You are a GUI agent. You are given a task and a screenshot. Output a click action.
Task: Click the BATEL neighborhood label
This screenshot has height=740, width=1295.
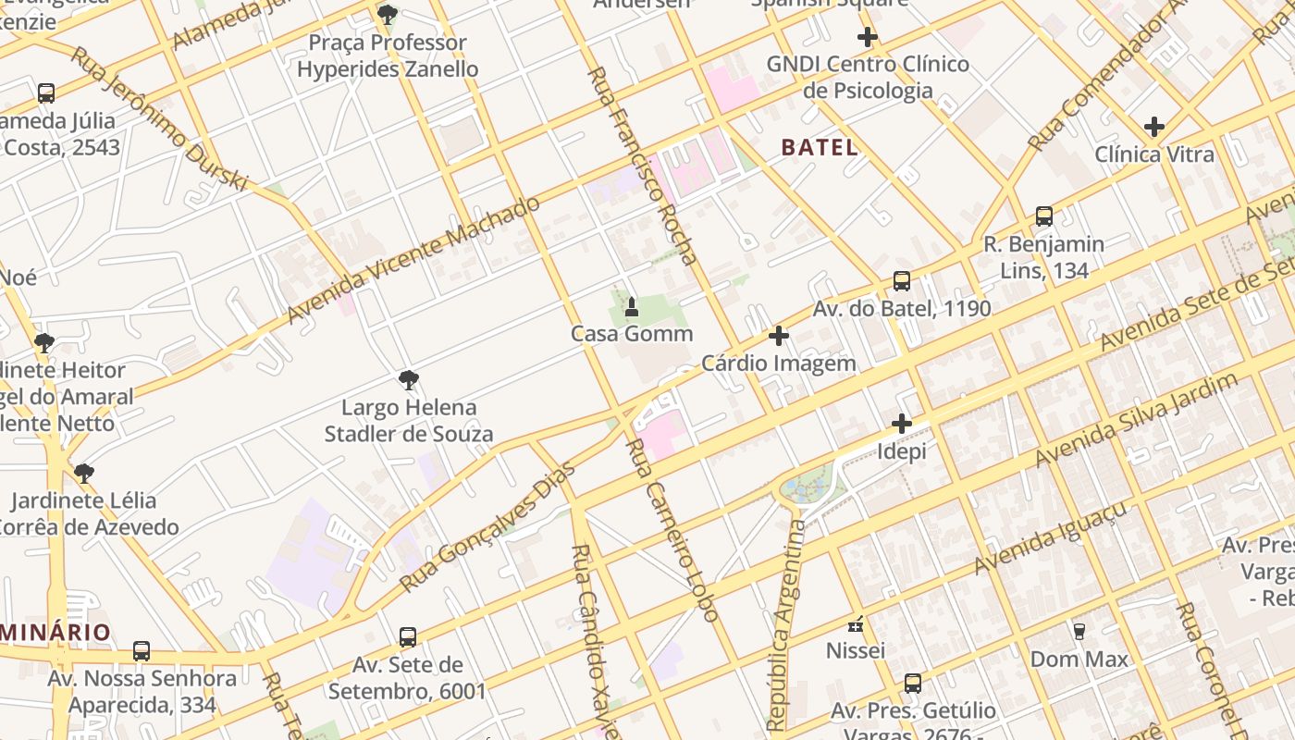click(819, 147)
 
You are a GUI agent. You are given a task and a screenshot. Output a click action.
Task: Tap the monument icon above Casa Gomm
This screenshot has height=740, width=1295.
click(632, 306)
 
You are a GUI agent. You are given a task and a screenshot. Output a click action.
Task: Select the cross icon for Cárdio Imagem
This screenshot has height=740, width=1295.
click(779, 336)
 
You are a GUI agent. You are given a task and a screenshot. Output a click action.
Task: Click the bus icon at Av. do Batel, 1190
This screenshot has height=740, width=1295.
click(901, 281)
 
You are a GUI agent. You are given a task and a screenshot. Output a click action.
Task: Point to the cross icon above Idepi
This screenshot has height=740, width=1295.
click(901, 425)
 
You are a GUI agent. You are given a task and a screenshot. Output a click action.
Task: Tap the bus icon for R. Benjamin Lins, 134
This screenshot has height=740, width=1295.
click(1043, 216)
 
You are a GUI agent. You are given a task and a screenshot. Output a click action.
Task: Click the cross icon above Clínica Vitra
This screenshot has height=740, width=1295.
click(1153, 127)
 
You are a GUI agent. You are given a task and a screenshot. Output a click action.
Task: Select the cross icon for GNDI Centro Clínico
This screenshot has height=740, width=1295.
click(867, 37)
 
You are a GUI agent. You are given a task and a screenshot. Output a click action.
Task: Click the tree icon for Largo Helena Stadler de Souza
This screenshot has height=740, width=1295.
click(408, 380)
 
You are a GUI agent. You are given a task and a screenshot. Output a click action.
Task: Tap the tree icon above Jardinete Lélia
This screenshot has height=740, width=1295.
click(84, 474)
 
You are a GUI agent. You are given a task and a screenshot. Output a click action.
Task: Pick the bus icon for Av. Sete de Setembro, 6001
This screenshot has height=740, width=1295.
click(408, 637)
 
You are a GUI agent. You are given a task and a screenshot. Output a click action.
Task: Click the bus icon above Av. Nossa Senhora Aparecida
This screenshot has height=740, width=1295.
click(142, 651)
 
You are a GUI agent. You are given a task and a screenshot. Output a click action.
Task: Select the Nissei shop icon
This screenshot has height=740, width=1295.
click(856, 624)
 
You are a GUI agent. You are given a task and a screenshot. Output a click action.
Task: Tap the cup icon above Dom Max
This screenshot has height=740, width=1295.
click(1079, 632)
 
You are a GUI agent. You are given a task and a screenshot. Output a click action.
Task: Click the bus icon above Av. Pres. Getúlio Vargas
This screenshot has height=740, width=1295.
click(912, 684)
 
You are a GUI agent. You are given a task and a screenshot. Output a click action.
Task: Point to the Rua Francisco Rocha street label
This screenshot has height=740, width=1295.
click(642, 166)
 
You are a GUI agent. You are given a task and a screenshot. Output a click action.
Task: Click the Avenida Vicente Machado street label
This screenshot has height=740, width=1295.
click(413, 260)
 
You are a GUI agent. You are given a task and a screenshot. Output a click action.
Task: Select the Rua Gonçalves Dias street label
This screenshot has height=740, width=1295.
click(487, 528)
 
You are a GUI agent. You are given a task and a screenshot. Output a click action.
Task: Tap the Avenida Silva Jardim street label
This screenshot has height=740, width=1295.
click(1136, 421)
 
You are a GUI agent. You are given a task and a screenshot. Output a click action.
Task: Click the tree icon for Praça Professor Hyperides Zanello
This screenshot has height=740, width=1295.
click(388, 15)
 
